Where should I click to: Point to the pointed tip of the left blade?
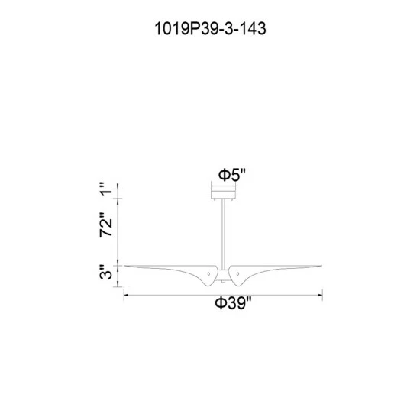pos(127,266)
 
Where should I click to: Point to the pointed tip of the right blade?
pos(321,266)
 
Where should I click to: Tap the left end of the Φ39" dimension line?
pos(124,294)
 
